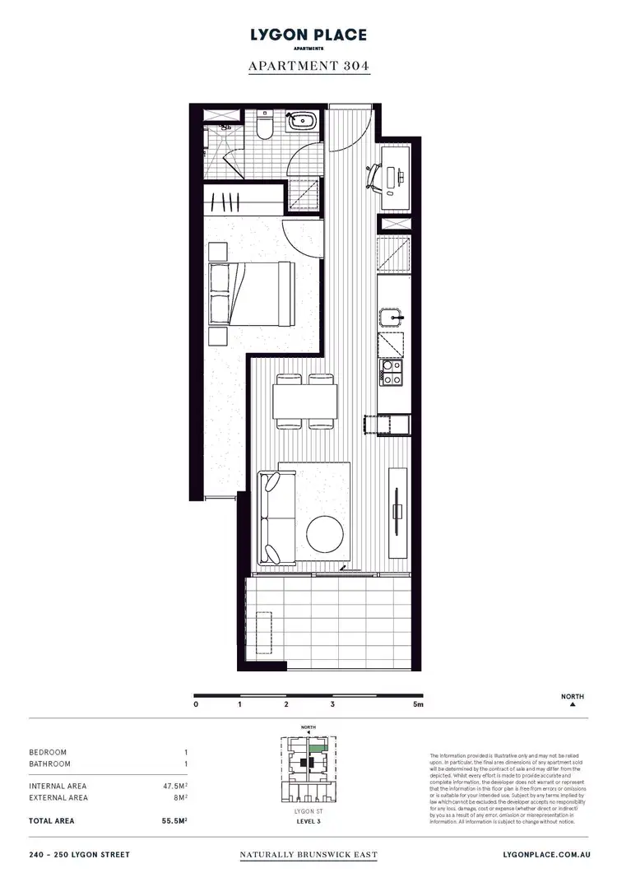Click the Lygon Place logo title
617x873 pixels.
coord(308,35)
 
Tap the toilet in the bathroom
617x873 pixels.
coord(265,128)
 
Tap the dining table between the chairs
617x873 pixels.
coord(304,402)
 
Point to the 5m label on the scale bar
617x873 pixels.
coord(418,704)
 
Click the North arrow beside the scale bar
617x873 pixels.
coord(572,705)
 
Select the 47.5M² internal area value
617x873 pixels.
coord(175,786)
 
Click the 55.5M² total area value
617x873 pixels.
coord(175,821)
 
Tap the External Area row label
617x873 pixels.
coord(58,797)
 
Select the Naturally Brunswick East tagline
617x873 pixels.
coord(308,855)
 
